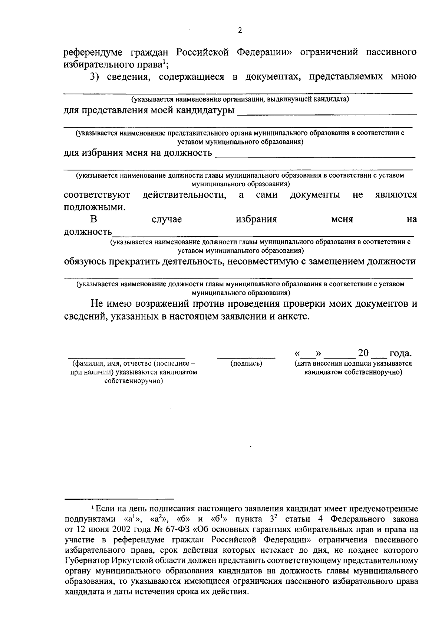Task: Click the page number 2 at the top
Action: [x=240, y=31]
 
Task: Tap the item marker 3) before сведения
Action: [x=96, y=77]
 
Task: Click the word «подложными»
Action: [x=95, y=207]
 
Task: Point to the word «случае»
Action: [x=167, y=219]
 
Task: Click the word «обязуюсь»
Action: [x=85, y=262]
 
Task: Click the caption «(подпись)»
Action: [x=246, y=363]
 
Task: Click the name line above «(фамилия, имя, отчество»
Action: [x=126, y=357]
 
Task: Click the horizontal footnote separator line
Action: [x=119, y=499]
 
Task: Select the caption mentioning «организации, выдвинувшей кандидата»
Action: [x=240, y=99]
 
